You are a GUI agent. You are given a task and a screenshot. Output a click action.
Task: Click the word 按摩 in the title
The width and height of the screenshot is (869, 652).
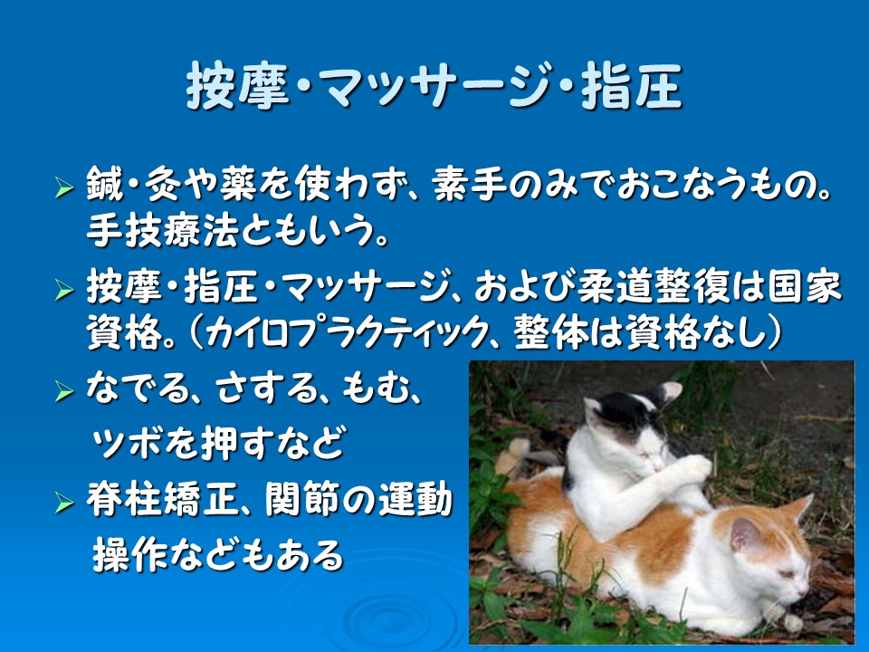[x=238, y=86]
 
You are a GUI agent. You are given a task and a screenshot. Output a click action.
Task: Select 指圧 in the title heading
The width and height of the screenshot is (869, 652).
[x=631, y=86]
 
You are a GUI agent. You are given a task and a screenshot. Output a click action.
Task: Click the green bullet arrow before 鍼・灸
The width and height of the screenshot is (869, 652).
[x=64, y=187]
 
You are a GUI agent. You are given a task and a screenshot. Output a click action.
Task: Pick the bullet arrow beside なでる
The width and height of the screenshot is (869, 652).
[x=64, y=391]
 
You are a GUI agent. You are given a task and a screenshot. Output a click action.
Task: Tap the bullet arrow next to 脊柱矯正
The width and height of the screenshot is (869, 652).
[x=64, y=503]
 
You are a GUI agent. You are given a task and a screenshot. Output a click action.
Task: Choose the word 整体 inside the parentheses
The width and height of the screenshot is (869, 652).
[x=550, y=333]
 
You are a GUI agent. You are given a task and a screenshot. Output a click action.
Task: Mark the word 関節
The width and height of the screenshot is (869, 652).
[x=301, y=500]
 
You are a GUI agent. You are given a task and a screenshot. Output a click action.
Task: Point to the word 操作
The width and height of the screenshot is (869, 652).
[x=129, y=554]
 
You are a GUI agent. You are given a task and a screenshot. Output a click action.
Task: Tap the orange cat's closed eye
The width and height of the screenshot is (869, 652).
[x=787, y=575]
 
